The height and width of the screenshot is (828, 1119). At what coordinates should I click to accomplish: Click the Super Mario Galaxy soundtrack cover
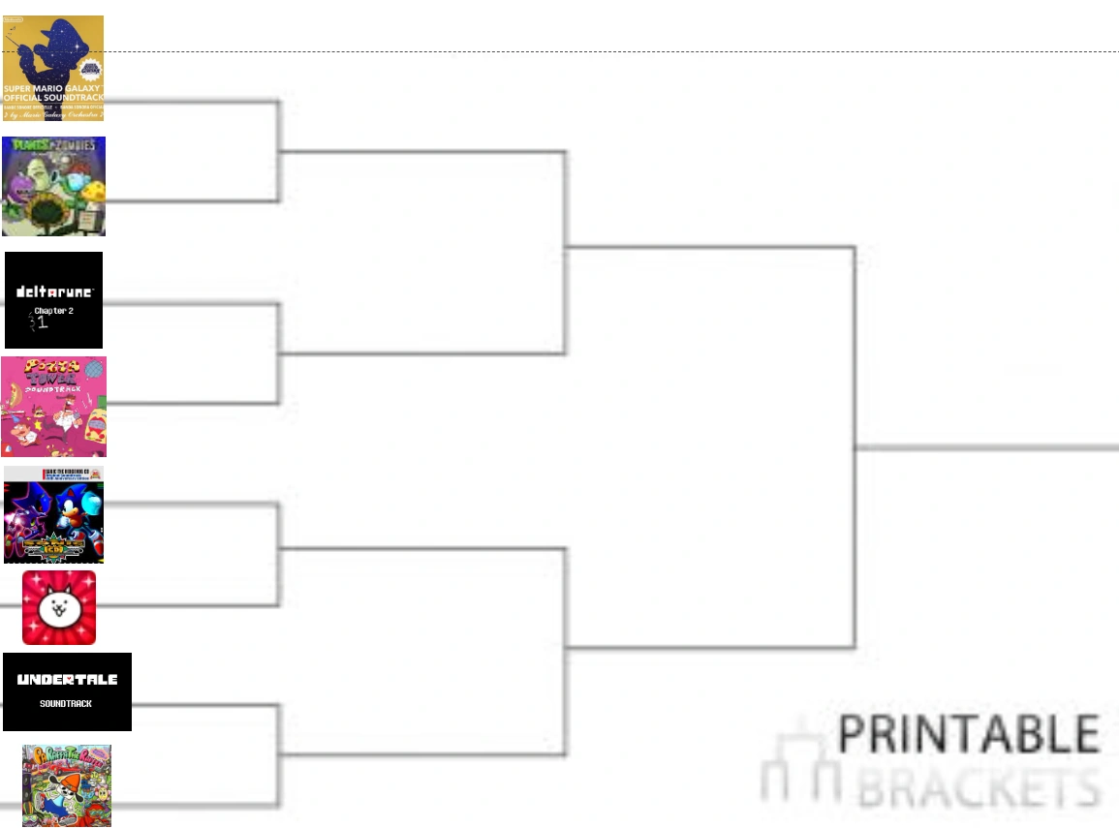point(53,68)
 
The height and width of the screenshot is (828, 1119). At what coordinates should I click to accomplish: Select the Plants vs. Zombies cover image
point(53,186)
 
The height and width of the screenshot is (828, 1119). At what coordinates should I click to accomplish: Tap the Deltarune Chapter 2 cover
point(53,300)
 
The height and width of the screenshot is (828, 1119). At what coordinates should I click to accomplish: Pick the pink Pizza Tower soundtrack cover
point(53,407)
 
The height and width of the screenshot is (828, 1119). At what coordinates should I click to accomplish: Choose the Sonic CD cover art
point(53,514)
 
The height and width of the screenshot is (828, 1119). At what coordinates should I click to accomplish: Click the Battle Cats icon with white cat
point(59,607)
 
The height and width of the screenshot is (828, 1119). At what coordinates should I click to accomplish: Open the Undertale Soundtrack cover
point(67,691)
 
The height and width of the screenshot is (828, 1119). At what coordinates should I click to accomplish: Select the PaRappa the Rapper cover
point(67,785)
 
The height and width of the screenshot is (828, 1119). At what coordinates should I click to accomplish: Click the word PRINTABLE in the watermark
point(968,734)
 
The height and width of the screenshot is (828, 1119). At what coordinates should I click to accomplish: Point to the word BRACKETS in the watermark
point(979,786)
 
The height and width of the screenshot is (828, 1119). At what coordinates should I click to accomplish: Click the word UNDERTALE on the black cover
point(67,680)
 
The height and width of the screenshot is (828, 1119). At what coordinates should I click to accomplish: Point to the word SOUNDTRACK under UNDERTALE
point(66,704)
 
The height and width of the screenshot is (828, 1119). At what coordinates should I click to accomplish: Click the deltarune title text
point(54,291)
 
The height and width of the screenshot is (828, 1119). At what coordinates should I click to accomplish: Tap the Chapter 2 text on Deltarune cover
point(54,311)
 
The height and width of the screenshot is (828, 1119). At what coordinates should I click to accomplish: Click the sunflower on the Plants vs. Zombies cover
point(45,208)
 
